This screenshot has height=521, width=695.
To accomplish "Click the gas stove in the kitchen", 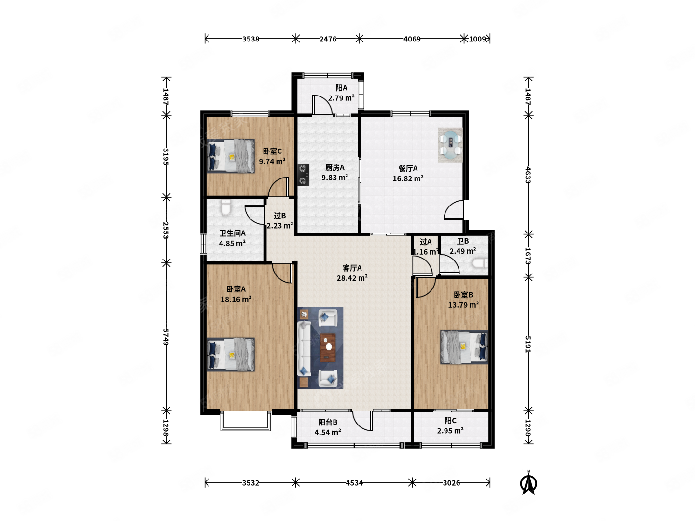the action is click(303, 174).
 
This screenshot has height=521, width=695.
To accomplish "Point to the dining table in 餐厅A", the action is click(450, 145).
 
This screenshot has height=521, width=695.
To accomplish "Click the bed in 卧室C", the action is click(231, 156).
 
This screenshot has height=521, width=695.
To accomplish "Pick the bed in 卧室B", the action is click(464, 347).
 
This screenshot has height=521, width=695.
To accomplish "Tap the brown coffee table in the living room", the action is click(328, 347).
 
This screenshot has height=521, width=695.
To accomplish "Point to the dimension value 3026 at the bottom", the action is click(451, 483).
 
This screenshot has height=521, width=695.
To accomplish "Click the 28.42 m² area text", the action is click(352, 278).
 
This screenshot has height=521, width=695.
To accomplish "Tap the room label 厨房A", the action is click(334, 167).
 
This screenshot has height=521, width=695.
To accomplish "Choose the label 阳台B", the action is click(328, 422).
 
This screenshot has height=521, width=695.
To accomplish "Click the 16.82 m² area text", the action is click(408, 178).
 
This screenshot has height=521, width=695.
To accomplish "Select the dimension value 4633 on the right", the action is click(528, 175).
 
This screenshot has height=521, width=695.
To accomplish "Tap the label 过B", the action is click(279, 216).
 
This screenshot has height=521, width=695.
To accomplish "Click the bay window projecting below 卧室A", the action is click(246, 421).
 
